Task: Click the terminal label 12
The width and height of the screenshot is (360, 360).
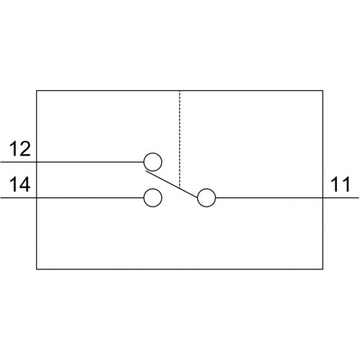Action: pyautogui.click(x=20, y=149)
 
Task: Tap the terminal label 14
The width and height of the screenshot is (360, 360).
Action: pyautogui.click(x=20, y=184)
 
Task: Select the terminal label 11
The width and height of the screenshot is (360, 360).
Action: pyautogui.click(x=341, y=184)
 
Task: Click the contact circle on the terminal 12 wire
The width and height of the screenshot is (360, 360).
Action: pyautogui.click(x=153, y=162)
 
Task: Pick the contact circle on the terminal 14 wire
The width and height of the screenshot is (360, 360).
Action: pyautogui.click(x=153, y=198)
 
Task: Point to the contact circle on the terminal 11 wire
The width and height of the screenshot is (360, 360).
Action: pyautogui.click(x=207, y=198)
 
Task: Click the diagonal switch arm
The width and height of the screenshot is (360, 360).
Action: pyautogui.click(x=172, y=184)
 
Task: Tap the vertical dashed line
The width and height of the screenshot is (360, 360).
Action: pyautogui.click(x=179, y=139)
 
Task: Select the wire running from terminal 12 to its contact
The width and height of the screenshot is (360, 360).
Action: pyautogui.click(x=72, y=162)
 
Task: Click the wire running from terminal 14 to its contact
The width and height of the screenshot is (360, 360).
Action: pyautogui.click(x=72, y=198)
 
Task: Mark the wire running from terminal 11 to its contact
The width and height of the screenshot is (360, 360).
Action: pyautogui.click(x=287, y=198)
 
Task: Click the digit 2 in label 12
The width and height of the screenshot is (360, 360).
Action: pyautogui.click(x=25, y=149)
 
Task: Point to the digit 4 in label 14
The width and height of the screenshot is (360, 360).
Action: pyautogui.click(x=25, y=184)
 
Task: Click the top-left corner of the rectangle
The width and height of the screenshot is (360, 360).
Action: pyautogui.click(x=37, y=91)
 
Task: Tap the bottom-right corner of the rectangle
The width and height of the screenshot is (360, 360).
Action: pyautogui.click(x=323, y=269)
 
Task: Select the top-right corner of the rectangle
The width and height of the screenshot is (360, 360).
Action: pyautogui.click(x=323, y=91)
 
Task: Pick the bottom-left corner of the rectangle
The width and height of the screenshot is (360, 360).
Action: pyautogui.click(x=37, y=269)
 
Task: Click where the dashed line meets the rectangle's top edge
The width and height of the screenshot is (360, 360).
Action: pyautogui.click(x=179, y=91)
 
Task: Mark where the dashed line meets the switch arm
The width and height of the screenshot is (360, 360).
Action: pyautogui.click(x=179, y=188)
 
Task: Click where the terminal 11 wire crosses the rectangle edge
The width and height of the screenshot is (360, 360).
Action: pyautogui.click(x=323, y=198)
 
